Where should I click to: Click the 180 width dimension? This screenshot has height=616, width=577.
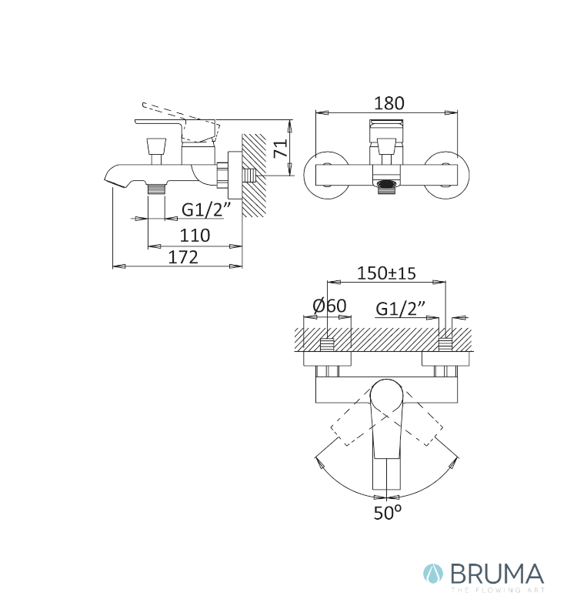tap(389, 103)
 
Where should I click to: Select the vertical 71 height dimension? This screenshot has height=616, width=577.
tap(281, 149)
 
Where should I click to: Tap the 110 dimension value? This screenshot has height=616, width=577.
tap(195, 236)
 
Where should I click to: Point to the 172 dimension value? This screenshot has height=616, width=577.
tap(183, 257)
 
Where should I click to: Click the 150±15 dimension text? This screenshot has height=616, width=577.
tap(387, 273)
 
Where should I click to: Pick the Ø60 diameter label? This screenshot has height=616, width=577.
tap(330, 306)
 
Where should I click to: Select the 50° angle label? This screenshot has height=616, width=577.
tap(388, 513)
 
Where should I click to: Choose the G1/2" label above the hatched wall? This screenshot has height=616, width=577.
tap(400, 309)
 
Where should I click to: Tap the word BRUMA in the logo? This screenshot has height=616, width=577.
tap(497, 574)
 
